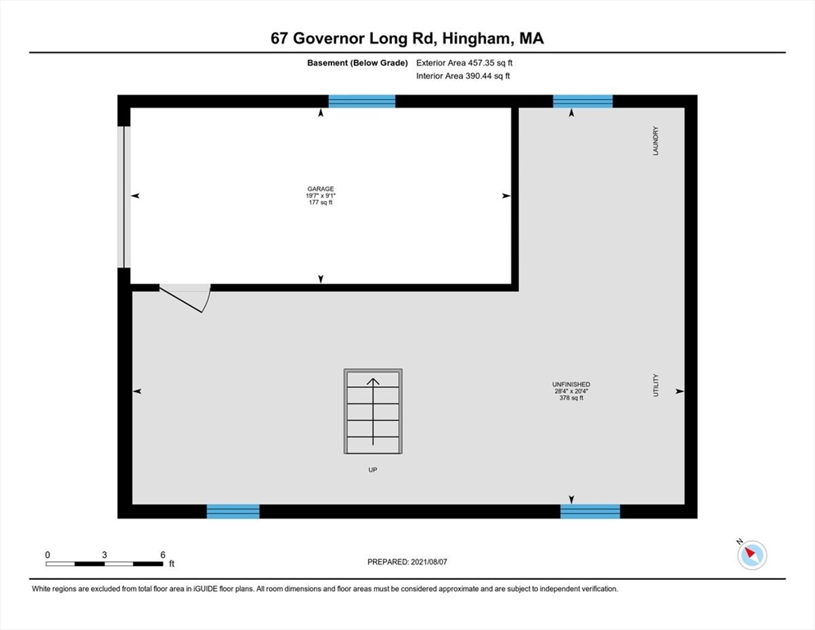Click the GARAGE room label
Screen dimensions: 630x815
[x=321, y=189]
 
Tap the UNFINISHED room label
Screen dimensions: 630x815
[x=571, y=384]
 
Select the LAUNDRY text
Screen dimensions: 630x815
[x=655, y=141]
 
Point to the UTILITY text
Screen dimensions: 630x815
[x=655, y=386]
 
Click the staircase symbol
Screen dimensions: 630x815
[x=373, y=411]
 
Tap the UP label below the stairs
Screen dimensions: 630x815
[x=373, y=470]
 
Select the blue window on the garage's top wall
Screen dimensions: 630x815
[x=362, y=102]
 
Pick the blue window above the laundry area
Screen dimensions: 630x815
[x=583, y=102]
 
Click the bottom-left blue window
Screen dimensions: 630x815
[x=233, y=512]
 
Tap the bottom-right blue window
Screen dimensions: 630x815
[x=590, y=512]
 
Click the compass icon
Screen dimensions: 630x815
[x=752, y=555]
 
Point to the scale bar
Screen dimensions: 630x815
[x=104, y=563]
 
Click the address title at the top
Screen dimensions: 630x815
[x=407, y=38]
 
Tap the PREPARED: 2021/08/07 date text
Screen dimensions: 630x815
[x=407, y=562]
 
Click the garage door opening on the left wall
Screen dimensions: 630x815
[x=124, y=197]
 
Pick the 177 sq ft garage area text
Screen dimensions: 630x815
[x=321, y=203]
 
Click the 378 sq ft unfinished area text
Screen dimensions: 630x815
[x=571, y=398]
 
